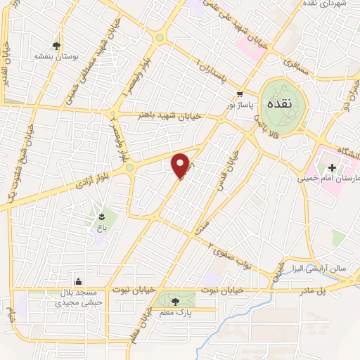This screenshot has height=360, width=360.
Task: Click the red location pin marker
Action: click(x=181, y=165)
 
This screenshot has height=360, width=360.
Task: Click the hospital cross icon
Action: click(x=330, y=167)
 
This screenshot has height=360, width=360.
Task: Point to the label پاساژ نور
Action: click(x=238, y=103)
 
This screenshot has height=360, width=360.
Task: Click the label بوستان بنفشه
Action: click(x=55, y=53)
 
